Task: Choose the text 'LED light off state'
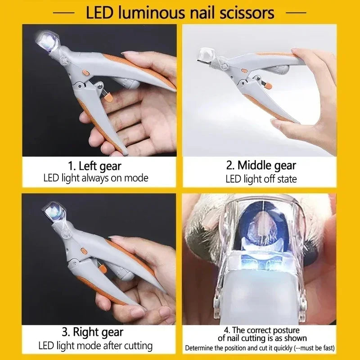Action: coord(261,179)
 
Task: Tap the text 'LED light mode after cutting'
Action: coord(94,346)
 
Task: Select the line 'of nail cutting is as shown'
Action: coord(262,338)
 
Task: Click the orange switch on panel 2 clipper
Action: coord(243,70)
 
